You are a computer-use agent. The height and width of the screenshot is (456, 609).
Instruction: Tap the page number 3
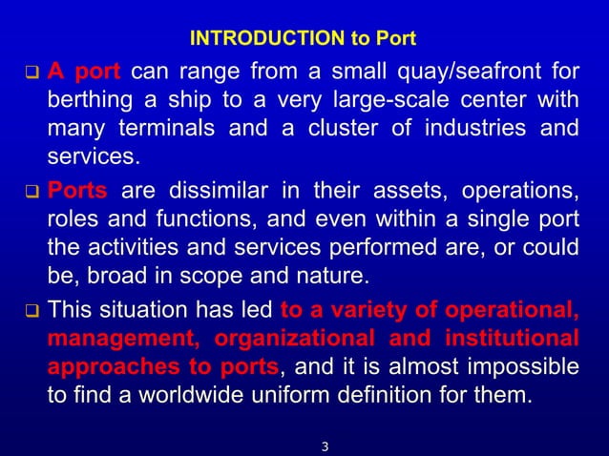pos(325,445)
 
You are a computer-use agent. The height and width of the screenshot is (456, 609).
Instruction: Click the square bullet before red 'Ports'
pos(30,187)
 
